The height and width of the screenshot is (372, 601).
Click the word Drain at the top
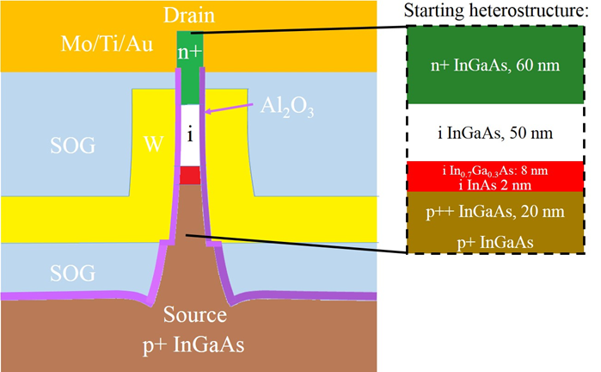[x=189, y=15]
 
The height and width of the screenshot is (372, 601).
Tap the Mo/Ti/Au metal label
[x=107, y=43]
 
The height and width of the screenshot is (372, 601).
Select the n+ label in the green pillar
[x=190, y=52]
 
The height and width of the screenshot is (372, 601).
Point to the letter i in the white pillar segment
[x=190, y=134]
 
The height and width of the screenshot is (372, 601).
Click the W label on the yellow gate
[x=154, y=145]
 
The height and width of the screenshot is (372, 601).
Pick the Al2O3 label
[x=286, y=107]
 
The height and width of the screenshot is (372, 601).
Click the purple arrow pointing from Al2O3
[x=230, y=108]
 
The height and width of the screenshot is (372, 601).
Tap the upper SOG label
[x=73, y=146]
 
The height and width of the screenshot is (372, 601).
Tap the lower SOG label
[x=73, y=273]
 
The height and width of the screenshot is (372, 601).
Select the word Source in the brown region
[x=195, y=314]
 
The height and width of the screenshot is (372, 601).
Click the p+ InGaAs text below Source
[x=193, y=344]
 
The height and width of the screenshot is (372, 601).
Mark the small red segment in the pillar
[x=190, y=176]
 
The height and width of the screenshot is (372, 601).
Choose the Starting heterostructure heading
[x=496, y=10]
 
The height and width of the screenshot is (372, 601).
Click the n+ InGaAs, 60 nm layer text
[x=495, y=65]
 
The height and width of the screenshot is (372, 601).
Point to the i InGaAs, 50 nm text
[x=495, y=133]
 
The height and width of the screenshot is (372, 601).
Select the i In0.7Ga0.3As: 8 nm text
[x=495, y=170]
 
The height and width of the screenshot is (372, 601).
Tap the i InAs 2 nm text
[x=495, y=185]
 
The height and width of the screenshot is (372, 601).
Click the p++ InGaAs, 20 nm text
[x=495, y=212]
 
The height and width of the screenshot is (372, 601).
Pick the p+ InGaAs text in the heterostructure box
[x=495, y=242]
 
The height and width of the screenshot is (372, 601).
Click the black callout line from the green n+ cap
[x=299, y=30]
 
